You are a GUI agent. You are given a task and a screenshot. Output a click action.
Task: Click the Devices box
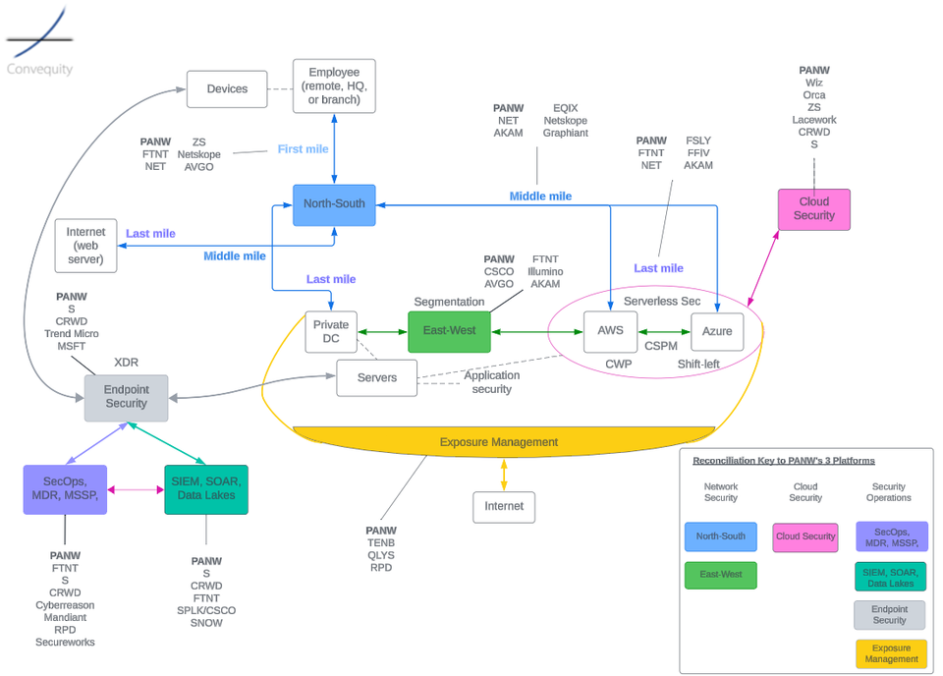tap(227, 89)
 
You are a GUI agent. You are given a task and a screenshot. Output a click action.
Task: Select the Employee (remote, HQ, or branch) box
tap(334, 86)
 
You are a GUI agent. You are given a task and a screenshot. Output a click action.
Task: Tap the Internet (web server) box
tap(85, 246)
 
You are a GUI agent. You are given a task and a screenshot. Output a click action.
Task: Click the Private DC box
tap(331, 331)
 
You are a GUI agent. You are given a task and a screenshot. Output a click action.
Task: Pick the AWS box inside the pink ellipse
tap(610, 331)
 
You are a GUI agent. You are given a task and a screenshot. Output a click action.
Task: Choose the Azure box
tap(717, 331)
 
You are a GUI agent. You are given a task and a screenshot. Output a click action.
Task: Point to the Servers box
tap(376, 377)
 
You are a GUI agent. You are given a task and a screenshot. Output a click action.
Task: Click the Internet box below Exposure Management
tap(504, 507)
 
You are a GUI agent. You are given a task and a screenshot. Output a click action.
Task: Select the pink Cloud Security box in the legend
tap(804, 537)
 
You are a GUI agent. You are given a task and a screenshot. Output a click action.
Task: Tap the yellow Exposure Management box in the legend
tap(890, 653)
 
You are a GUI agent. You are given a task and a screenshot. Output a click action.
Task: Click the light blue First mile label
tap(304, 149)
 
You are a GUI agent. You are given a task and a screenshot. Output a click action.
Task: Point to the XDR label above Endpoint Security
tap(126, 363)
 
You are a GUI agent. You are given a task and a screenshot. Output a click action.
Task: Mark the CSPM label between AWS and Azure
tap(660, 346)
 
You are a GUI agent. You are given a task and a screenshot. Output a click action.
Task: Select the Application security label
tap(491, 382)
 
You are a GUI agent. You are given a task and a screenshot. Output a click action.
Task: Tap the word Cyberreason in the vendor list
tap(65, 605)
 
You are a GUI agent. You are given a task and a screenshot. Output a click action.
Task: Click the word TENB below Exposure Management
tap(381, 543)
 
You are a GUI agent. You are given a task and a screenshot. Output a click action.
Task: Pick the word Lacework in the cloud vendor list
tap(813, 120)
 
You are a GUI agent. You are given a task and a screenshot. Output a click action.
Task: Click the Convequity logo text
tap(39, 70)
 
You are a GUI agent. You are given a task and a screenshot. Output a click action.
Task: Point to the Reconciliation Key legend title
tap(783, 460)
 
